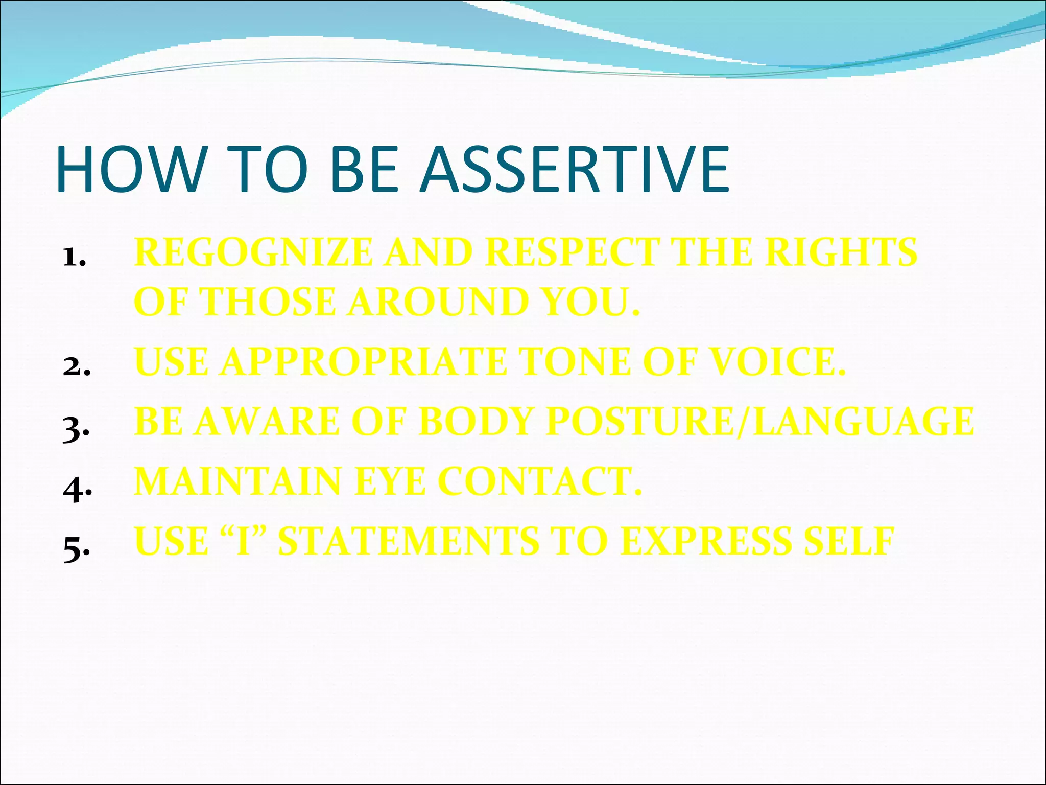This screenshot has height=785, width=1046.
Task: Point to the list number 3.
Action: click(x=76, y=429)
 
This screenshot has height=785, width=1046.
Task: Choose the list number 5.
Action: click(x=76, y=550)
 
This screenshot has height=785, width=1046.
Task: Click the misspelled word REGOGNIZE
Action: click(x=253, y=252)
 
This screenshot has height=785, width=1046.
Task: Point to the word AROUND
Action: click(x=437, y=302)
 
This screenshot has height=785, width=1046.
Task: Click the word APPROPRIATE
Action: click(x=363, y=362)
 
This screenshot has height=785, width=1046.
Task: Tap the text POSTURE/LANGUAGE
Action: click(x=760, y=422)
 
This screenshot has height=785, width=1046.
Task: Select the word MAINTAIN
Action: click(x=237, y=482)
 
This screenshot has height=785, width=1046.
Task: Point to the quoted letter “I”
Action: click(x=244, y=542)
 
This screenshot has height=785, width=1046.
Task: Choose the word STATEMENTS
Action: click(x=408, y=542)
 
